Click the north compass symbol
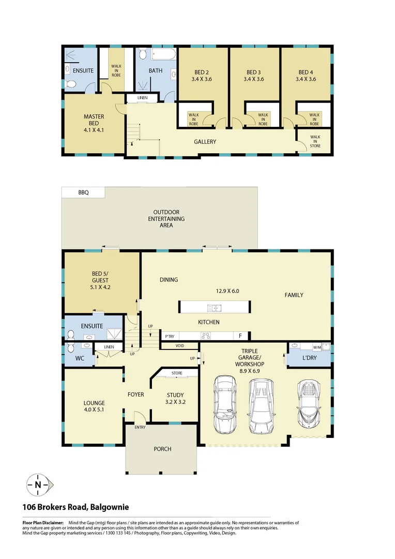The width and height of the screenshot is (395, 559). (38, 485)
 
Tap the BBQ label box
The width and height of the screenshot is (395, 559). (83, 192)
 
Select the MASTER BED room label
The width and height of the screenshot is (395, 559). (94, 123)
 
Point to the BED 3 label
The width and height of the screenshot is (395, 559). (254, 76)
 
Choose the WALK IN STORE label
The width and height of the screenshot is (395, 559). (315, 141)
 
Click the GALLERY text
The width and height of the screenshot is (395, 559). (205, 142)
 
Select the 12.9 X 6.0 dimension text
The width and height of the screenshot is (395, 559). (227, 291)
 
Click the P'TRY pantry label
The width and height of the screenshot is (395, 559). (170, 336)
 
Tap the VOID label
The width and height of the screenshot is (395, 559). (179, 346)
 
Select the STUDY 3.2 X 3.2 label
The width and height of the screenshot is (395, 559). (175, 398)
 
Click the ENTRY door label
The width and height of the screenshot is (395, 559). (140, 427)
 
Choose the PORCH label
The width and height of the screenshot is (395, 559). (162, 449)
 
